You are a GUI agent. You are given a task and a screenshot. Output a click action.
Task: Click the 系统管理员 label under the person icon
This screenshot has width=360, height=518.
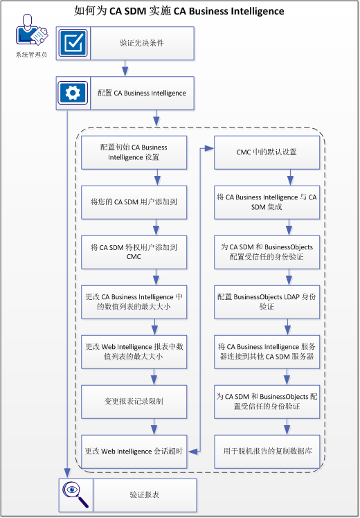(x=31, y=55)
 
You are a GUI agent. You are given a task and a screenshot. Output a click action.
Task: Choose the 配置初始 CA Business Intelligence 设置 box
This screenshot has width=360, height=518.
(x=134, y=152)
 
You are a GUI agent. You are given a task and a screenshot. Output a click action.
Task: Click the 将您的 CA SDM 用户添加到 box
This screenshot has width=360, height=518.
(x=134, y=202)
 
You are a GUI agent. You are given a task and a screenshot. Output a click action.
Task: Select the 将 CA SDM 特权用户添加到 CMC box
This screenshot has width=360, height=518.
(x=134, y=252)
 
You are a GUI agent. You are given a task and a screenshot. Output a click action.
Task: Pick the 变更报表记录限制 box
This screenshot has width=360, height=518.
(x=134, y=401)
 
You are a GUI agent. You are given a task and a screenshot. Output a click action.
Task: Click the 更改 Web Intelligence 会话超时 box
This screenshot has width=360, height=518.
(x=134, y=451)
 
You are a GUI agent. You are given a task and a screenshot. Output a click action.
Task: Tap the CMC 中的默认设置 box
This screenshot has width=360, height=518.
(x=267, y=152)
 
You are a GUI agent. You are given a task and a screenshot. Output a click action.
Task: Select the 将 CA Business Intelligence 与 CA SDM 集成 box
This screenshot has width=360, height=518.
(x=267, y=202)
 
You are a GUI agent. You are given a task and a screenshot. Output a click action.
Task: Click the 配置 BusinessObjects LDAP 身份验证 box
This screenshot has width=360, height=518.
(x=267, y=301)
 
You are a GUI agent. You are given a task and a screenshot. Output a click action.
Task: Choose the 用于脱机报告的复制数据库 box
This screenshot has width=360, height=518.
(x=267, y=451)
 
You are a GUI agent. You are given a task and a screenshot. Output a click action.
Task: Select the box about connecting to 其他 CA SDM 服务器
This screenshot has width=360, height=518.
(x=267, y=351)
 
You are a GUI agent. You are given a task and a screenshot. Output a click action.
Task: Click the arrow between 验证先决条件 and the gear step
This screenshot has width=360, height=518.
(x=125, y=67)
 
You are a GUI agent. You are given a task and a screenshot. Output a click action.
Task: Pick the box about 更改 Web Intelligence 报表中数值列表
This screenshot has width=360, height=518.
(x=134, y=351)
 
